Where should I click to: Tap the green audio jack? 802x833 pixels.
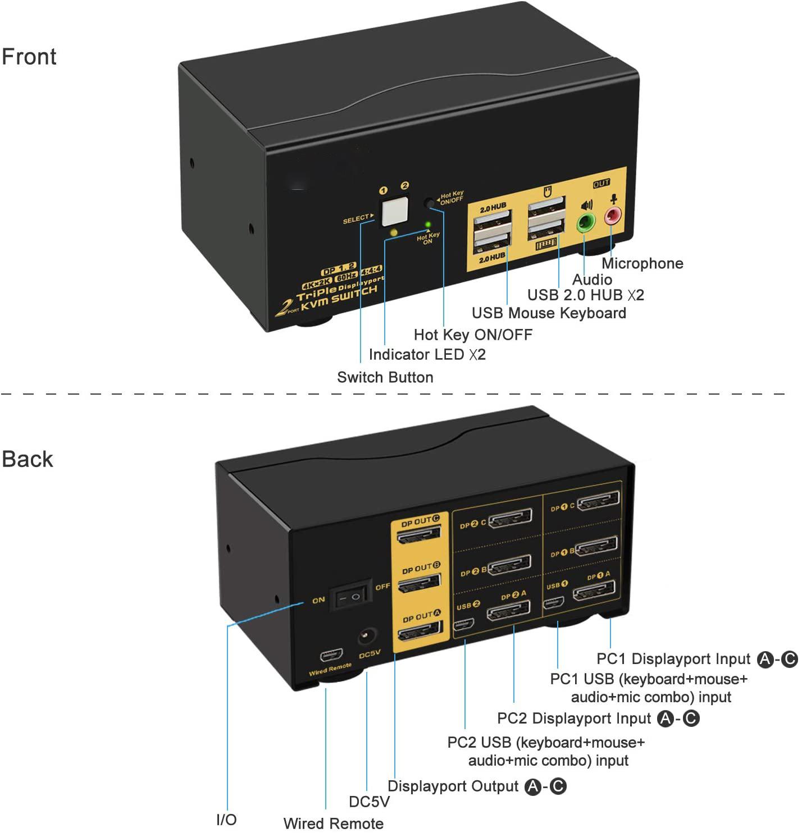(586, 222)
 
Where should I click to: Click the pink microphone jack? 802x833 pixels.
(612, 215)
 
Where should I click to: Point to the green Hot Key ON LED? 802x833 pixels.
(428, 225)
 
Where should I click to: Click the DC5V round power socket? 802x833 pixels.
(367, 638)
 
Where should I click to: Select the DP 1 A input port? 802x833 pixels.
(593, 592)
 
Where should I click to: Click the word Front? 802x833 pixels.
(29, 57)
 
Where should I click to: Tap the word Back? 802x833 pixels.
(28, 459)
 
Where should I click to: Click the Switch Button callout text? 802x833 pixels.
(385, 377)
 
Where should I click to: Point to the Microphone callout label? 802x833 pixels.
(642, 263)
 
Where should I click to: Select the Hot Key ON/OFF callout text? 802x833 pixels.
(472, 335)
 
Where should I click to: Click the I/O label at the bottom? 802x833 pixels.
(226, 820)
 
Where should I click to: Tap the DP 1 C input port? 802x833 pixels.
(598, 501)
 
